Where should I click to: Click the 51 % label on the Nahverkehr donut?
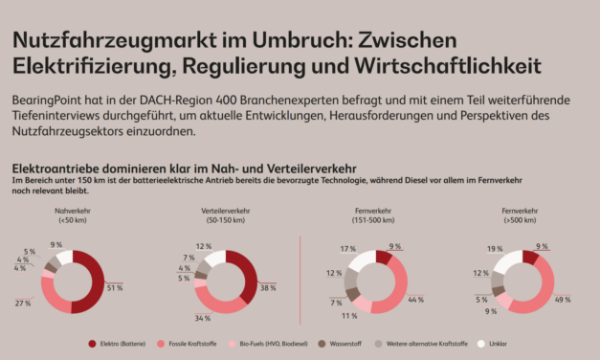tap(116, 288)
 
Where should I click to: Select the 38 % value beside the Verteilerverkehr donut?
tap(269, 287)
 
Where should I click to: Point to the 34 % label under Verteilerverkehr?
tap(203, 318)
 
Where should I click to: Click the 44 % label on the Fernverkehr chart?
tap(415, 300)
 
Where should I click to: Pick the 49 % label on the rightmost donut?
tap(562, 299)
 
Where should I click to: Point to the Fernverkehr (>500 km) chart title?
tap(520, 214)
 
